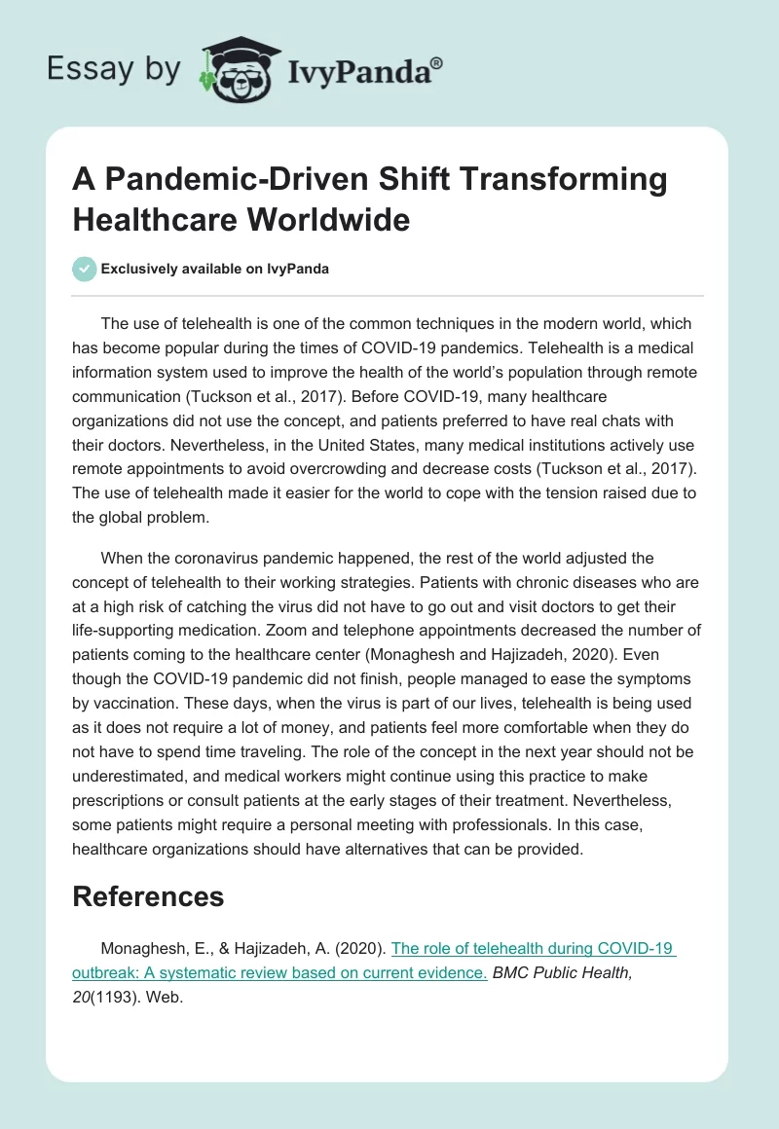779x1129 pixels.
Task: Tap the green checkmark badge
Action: click(x=84, y=269)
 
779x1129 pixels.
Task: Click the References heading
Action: click(x=148, y=896)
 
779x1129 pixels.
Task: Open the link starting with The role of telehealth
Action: click(x=534, y=949)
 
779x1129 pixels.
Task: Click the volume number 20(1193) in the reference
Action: click(x=107, y=995)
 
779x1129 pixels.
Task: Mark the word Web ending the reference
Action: click(x=169, y=995)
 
